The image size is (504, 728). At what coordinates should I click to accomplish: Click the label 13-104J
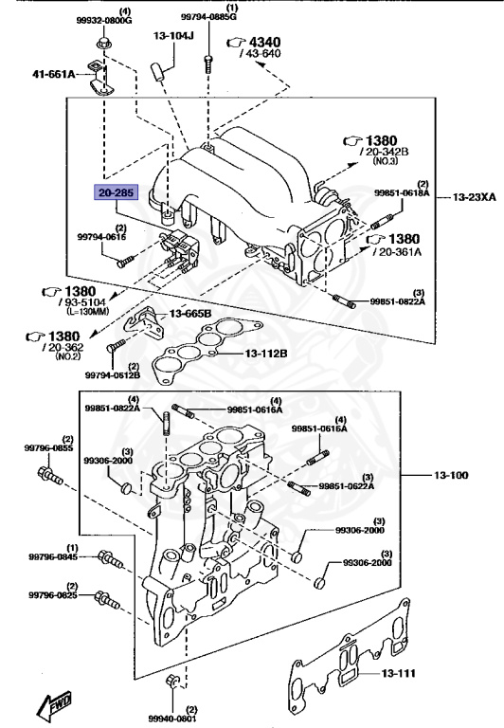pos(171,36)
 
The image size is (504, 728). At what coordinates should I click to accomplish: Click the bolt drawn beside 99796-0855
pos(47,473)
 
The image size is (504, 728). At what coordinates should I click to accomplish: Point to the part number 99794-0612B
pos(113,374)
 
